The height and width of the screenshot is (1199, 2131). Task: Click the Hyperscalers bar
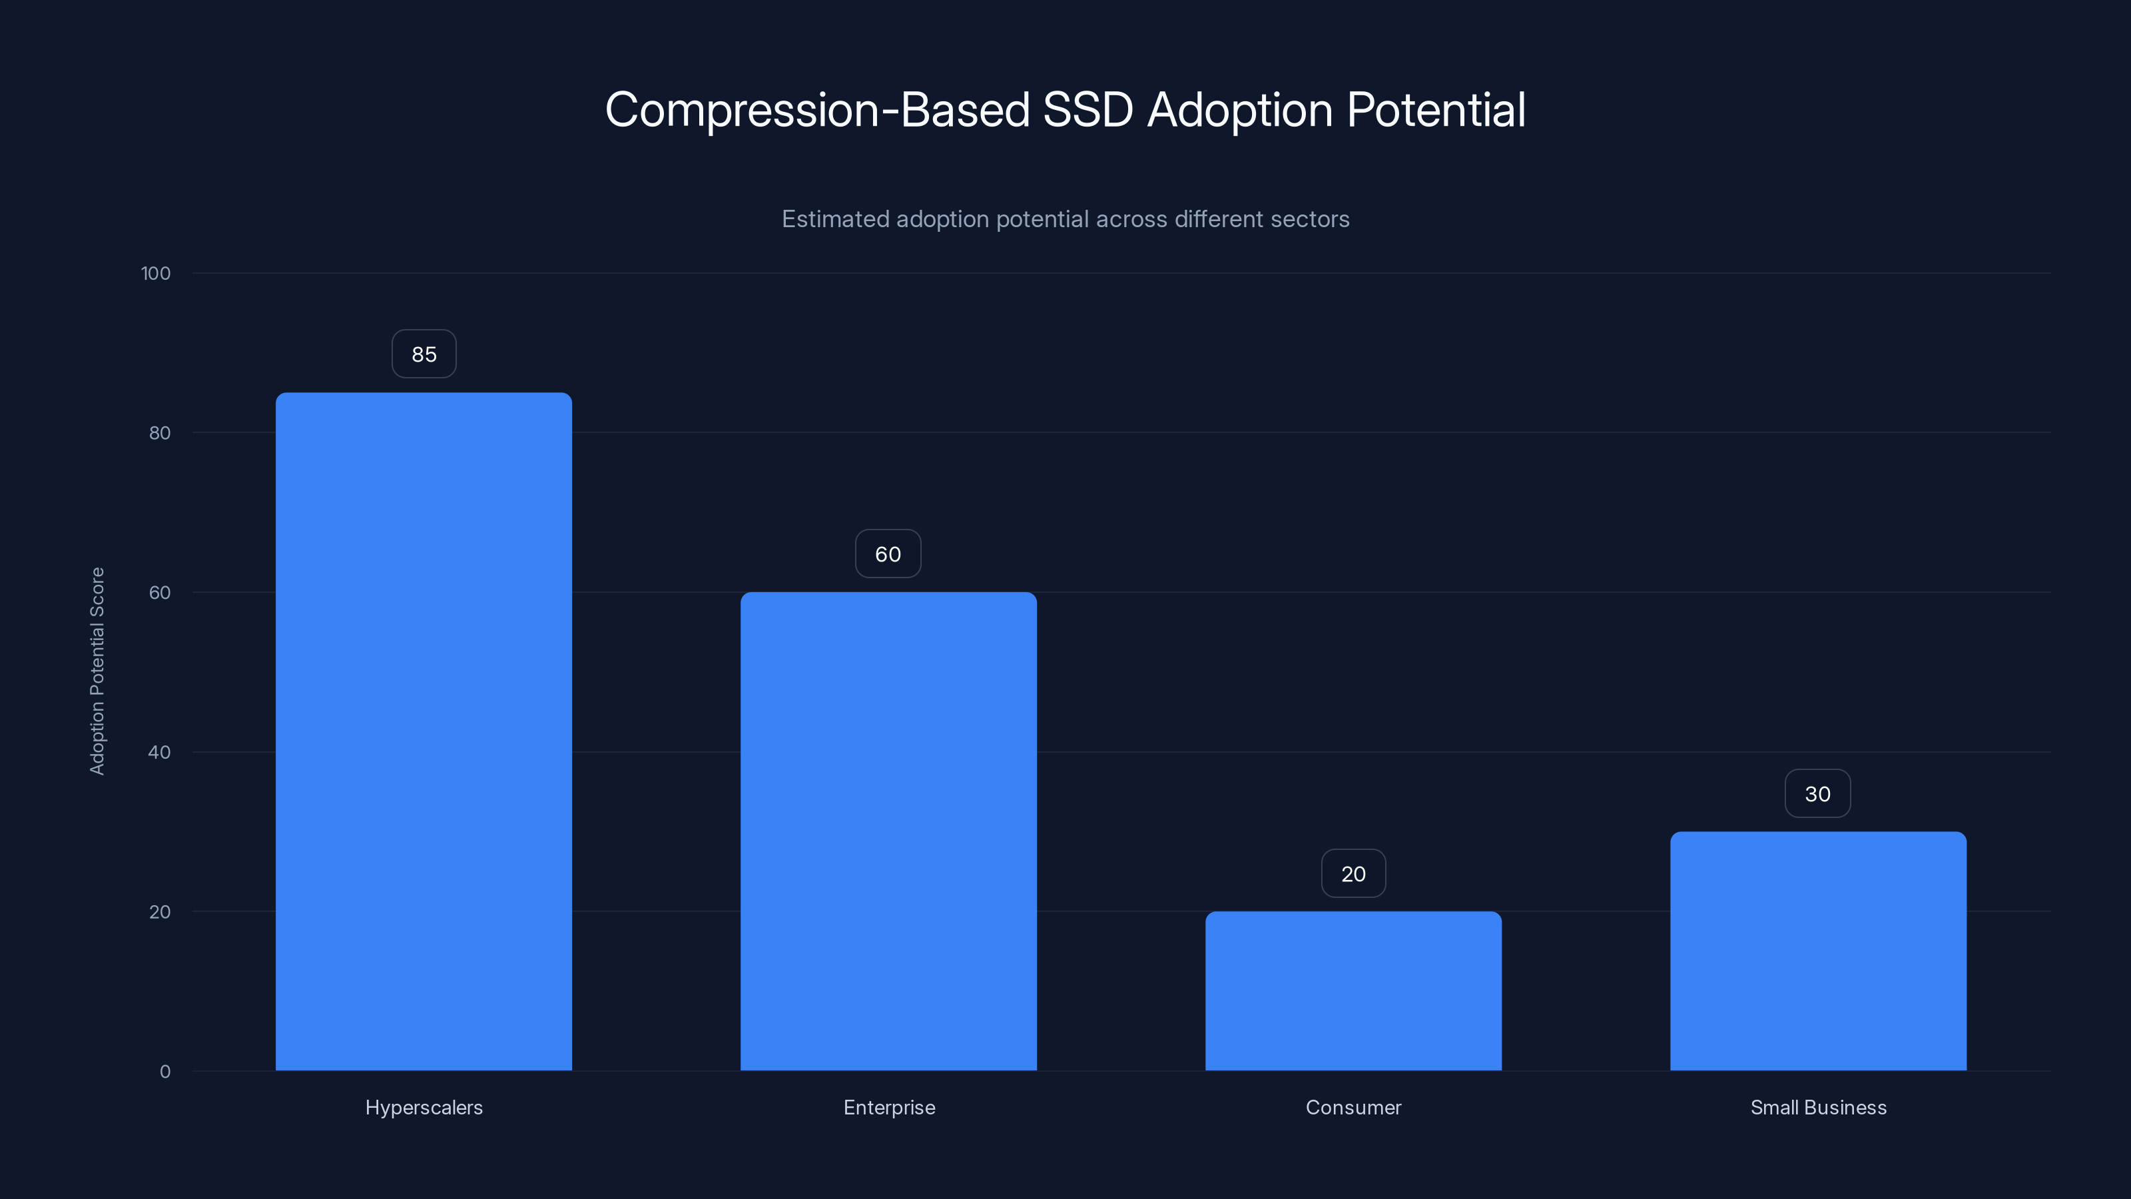(x=424, y=731)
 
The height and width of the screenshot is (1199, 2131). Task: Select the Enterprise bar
(x=888, y=831)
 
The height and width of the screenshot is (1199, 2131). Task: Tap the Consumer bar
(x=1353, y=991)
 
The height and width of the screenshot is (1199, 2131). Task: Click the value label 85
(x=424, y=354)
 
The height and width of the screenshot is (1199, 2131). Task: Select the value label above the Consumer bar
(x=1353, y=874)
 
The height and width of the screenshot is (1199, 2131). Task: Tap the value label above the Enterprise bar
(x=888, y=554)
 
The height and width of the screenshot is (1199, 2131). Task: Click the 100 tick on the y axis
(x=156, y=273)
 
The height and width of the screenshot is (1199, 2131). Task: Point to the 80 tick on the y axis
(x=160, y=433)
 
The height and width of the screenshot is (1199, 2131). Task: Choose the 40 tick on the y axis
(x=160, y=752)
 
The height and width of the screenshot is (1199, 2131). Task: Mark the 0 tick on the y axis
(x=164, y=1072)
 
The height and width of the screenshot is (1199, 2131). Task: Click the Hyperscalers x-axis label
(x=424, y=1107)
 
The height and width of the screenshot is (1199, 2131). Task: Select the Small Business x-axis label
(x=1818, y=1107)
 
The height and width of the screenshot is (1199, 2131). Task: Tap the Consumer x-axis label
(x=1353, y=1107)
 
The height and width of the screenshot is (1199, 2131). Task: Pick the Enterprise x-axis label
(x=889, y=1107)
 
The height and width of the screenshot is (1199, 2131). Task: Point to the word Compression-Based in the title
(x=816, y=110)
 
